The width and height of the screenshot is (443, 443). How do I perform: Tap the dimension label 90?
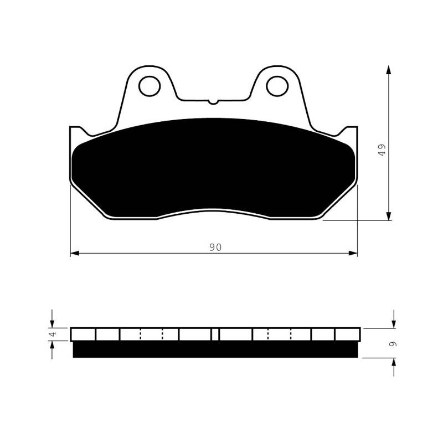pos(215,247)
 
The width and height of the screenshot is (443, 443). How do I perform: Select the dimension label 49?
pos(382,150)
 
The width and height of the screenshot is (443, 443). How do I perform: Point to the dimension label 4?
pos(52,334)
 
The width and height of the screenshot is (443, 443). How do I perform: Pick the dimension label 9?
pos(393,344)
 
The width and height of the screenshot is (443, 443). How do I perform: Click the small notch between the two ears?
pos(213,102)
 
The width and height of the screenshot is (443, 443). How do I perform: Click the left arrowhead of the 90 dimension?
pos(75,254)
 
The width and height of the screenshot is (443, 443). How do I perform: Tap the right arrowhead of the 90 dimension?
pos(353,254)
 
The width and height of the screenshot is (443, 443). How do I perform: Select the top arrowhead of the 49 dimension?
pos(389,70)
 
